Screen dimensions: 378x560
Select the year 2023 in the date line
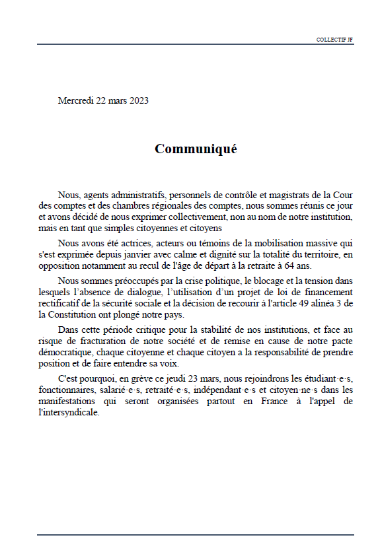click(138, 100)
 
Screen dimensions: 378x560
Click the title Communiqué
click(196, 149)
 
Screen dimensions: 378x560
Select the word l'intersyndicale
click(69, 411)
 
